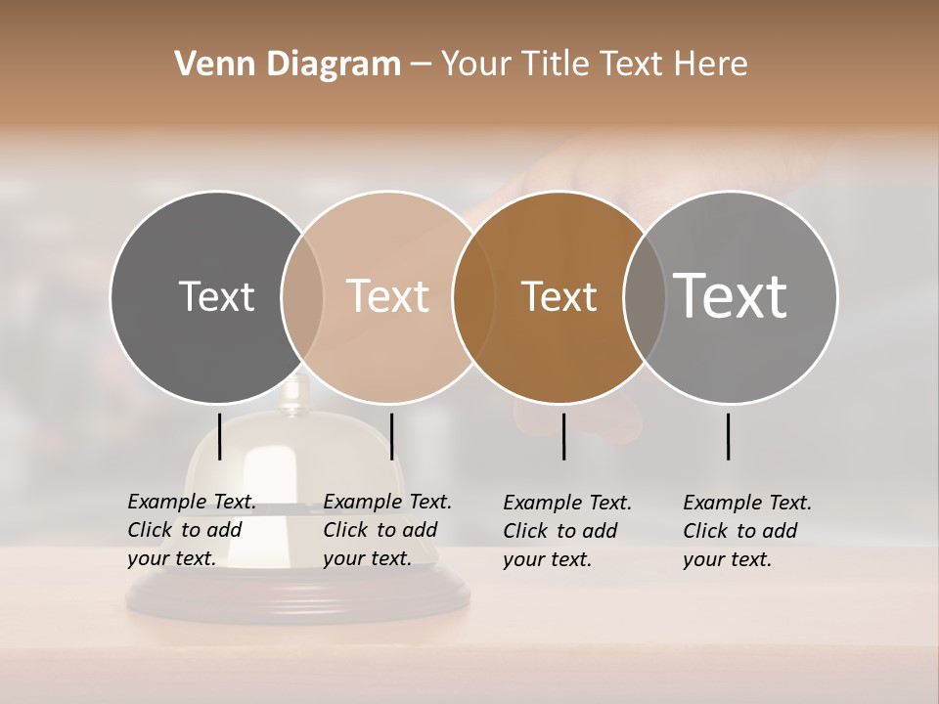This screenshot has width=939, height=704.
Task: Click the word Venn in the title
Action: click(x=207, y=65)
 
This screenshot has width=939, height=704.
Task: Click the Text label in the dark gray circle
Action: click(x=216, y=296)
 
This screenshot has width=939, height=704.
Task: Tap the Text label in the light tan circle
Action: click(x=387, y=296)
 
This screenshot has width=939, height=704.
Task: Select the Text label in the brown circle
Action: click(x=559, y=296)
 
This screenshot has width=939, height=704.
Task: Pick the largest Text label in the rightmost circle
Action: click(x=731, y=296)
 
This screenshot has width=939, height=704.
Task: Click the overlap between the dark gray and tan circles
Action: click(x=302, y=296)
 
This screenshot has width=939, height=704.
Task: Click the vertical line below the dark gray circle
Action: click(x=220, y=436)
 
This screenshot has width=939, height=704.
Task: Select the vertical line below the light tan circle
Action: click(x=391, y=436)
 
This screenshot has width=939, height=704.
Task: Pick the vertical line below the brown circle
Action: click(x=563, y=436)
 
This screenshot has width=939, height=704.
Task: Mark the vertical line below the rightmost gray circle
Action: click(x=729, y=436)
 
